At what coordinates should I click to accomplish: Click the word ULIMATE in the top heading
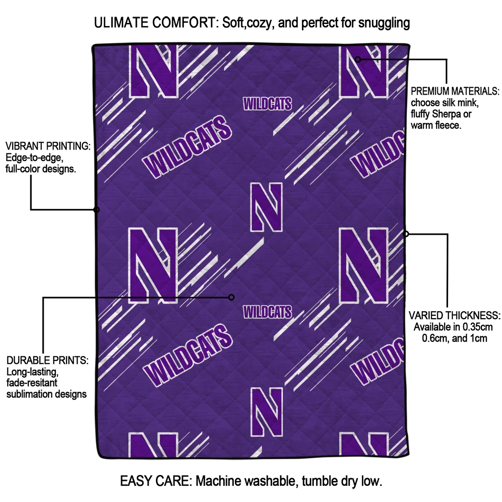tap(118, 23)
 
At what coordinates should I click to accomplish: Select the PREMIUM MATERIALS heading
tap(455, 92)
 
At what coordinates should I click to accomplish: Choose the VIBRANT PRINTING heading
tap(48, 147)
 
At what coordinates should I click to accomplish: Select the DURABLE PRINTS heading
tap(47, 361)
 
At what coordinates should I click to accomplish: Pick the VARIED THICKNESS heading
tap(454, 315)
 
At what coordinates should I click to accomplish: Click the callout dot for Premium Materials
tap(358, 59)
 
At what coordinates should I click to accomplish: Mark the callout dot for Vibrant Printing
tap(97, 210)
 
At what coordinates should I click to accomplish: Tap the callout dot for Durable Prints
tap(232, 297)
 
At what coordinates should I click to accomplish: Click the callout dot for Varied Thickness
tap(406, 234)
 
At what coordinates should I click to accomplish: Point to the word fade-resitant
tap(32, 383)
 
